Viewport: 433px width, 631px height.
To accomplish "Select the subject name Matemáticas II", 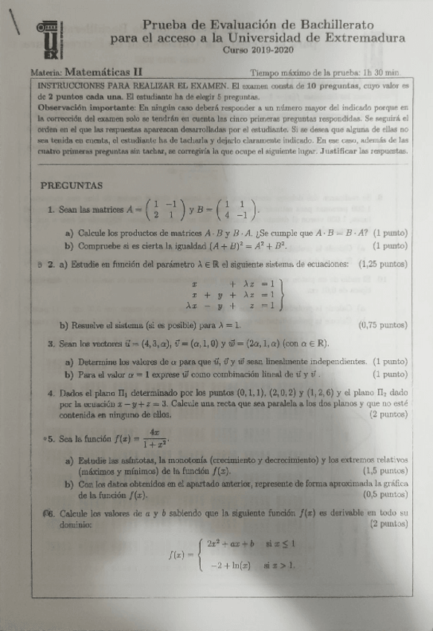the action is [103, 73].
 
